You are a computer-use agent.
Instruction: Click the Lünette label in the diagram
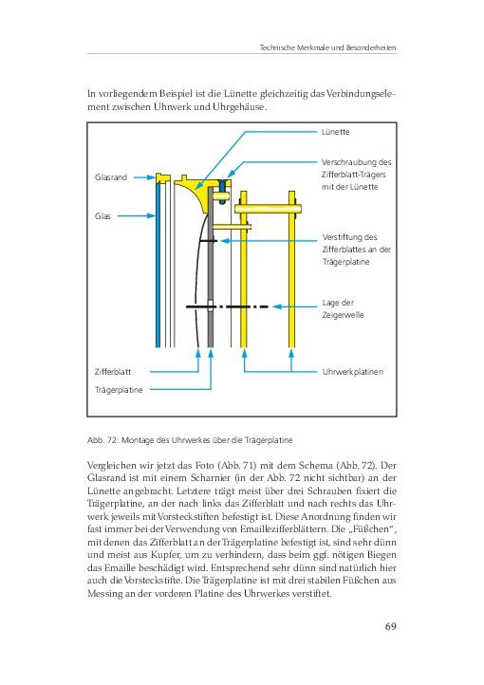click(335, 132)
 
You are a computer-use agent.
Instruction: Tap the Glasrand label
click(111, 177)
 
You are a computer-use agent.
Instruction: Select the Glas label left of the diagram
click(102, 215)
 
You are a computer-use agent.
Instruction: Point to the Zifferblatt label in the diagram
click(113, 372)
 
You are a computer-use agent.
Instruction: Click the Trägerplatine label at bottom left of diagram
click(119, 390)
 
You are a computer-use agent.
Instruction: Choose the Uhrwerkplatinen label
click(352, 372)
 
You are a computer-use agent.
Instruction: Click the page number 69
click(390, 626)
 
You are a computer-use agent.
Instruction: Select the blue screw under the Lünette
click(222, 191)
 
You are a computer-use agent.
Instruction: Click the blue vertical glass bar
click(158, 265)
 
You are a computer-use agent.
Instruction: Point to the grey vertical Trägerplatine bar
click(211, 268)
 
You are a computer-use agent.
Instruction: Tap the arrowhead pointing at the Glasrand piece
click(151, 177)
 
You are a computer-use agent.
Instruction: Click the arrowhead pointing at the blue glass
click(151, 215)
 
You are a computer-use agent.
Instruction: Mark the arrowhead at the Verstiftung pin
click(226, 241)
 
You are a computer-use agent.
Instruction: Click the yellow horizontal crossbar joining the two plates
click(268, 209)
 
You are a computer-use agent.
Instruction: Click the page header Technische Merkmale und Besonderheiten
click(328, 47)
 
